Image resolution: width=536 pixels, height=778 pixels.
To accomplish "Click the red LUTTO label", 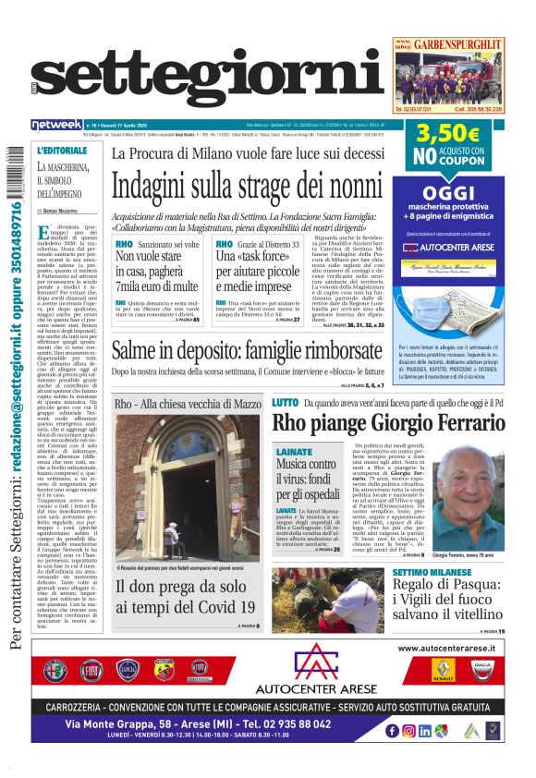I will coord(285,403).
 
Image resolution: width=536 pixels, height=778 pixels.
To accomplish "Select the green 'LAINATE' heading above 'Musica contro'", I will coord(293,450).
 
